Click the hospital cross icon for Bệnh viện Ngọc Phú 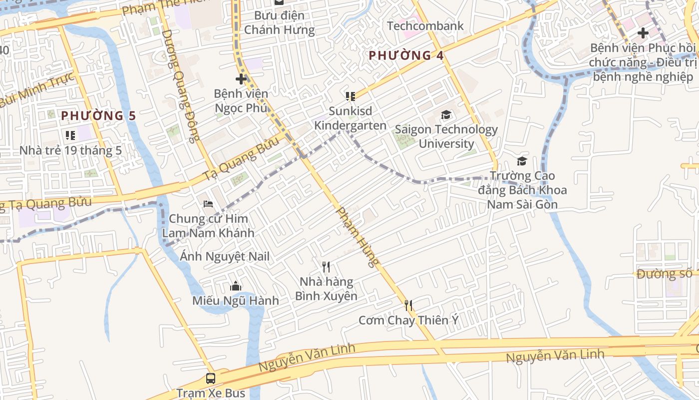(241, 78)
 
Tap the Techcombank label (425, 25)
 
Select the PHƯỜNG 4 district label (406, 55)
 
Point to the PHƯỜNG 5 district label (98, 115)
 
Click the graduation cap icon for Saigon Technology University (445, 115)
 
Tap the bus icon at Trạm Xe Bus (211, 378)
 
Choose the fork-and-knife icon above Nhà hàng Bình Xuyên (326, 267)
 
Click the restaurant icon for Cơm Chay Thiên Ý (408, 305)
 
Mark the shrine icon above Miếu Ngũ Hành (236, 286)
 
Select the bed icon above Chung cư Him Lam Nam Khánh (208, 203)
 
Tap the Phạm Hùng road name (357, 237)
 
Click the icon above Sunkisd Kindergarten (350, 96)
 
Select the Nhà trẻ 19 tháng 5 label (70, 150)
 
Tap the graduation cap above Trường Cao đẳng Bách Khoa (522, 161)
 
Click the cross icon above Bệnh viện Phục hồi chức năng (643, 33)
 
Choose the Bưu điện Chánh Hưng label (279, 22)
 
